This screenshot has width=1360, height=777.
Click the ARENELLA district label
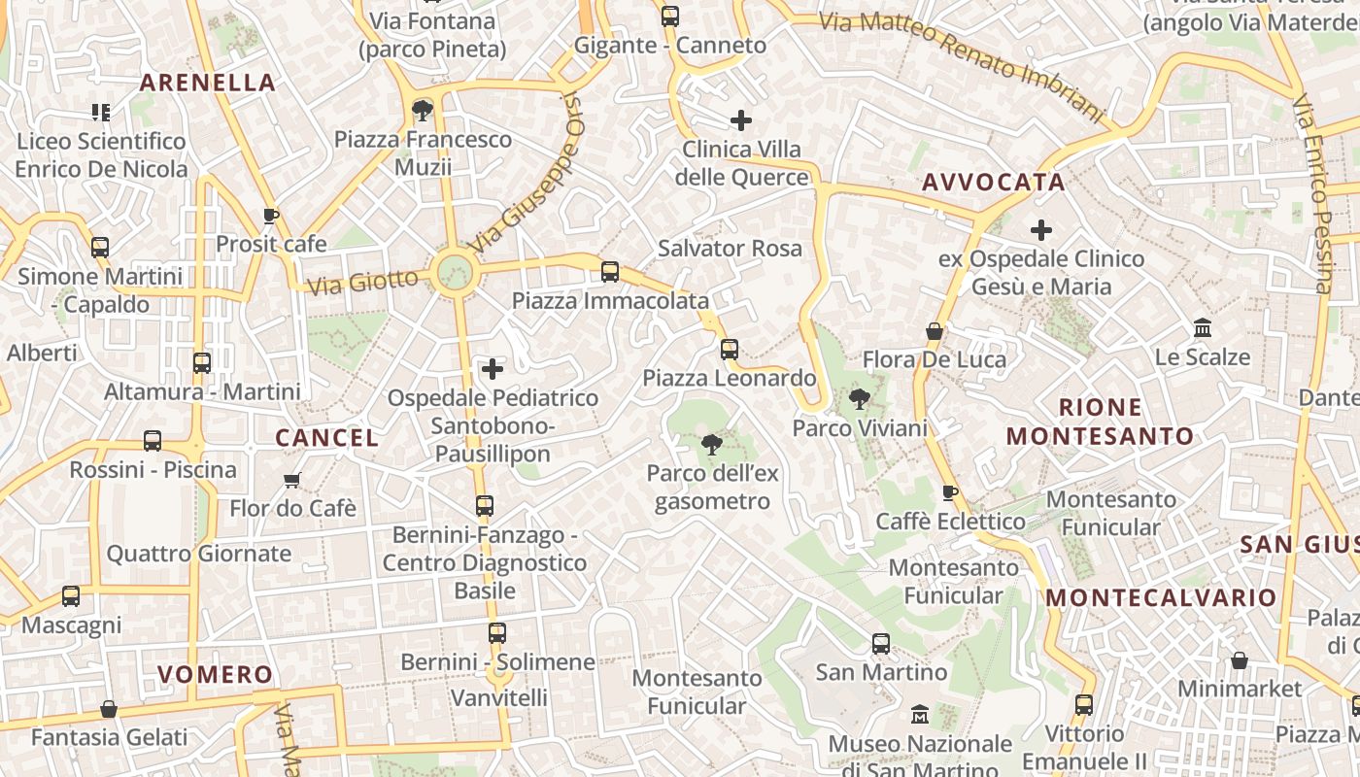(208, 83)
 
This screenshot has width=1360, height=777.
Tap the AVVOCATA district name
(993, 183)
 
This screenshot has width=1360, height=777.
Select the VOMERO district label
(216, 674)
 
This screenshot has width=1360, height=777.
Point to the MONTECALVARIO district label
(1161, 597)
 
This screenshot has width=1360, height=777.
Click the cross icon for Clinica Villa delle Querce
(741, 120)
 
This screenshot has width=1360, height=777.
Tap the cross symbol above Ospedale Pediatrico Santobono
(493, 369)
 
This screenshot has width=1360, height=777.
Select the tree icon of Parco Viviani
(859, 398)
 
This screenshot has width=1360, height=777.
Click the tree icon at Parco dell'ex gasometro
(711, 445)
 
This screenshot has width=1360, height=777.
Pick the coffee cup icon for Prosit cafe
(271, 216)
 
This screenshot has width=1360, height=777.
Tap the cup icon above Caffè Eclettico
(950, 492)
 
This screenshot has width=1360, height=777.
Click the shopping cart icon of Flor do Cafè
(291, 480)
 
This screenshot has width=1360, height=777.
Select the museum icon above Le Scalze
(1203, 328)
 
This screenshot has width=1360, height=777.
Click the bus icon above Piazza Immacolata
(610, 272)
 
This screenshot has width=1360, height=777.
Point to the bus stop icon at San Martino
(881, 643)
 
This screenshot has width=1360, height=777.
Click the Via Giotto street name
(362, 284)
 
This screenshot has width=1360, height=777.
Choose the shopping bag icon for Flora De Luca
(935, 331)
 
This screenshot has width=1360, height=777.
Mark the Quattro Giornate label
(198, 554)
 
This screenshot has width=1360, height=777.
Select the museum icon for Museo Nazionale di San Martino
(920, 716)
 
